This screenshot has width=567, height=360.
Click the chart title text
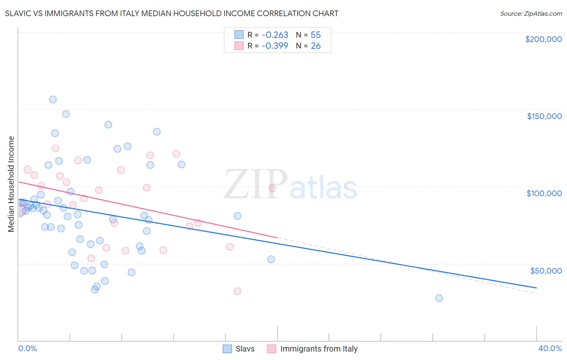click(x=172, y=13)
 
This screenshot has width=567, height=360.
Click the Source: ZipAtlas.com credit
click(x=531, y=13)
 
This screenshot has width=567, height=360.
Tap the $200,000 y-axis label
click(x=543, y=39)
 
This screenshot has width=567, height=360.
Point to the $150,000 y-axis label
click(x=544, y=116)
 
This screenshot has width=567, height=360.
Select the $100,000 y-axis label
click(x=544, y=193)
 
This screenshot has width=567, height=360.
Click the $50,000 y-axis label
click(x=546, y=270)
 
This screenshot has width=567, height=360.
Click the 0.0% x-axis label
click(x=27, y=348)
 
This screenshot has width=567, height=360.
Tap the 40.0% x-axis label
click(x=550, y=348)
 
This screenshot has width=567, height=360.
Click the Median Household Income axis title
click(x=11, y=184)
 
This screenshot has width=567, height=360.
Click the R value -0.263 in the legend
click(x=275, y=35)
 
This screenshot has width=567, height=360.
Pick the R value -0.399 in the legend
click(x=275, y=46)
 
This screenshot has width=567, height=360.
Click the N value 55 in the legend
click(x=315, y=35)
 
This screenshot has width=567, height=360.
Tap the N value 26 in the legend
click(x=315, y=46)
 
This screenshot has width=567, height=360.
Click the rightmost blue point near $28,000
click(x=439, y=298)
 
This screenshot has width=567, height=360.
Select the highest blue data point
click(x=53, y=99)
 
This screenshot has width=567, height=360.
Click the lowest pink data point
click(x=237, y=291)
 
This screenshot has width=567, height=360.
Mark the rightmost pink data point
click(x=272, y=188)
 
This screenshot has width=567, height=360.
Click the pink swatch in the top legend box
click(x=239, y=46)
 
